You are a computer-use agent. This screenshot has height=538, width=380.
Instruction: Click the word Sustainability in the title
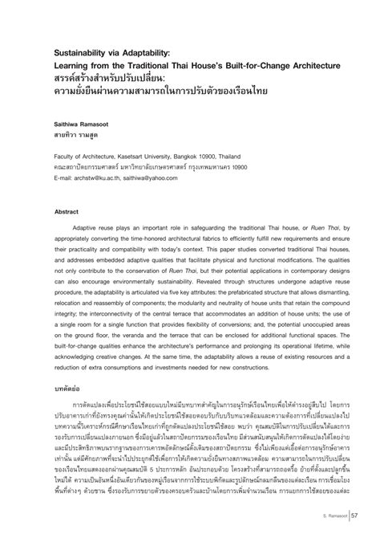click(76, 51)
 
